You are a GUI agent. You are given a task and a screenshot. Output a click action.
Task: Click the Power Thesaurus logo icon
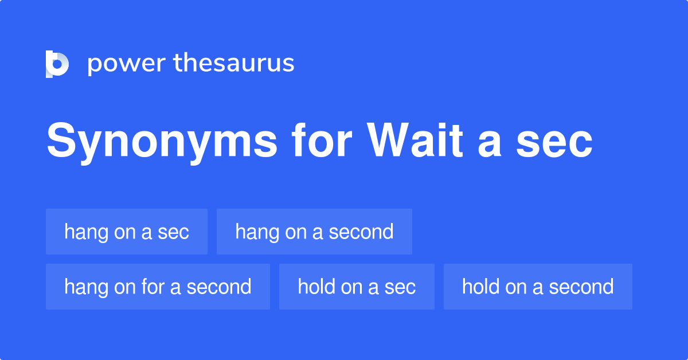pyautogui.click(x=57, y=64)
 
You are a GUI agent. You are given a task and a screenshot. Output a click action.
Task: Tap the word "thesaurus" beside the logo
pyautogui.click(x=234, y=63)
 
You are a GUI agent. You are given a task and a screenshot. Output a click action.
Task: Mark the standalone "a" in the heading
pyautogui.click(x=489, y=142)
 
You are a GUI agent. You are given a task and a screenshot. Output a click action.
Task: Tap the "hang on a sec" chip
pyautogui.click(x=127, y=232)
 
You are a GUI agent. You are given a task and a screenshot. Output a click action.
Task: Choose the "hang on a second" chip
pyautogui.click(x=314, y=232)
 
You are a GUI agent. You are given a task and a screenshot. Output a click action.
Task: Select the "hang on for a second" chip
pyautogui.click(x=158, y=287)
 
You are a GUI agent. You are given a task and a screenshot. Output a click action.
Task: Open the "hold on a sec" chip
pyautogui.click(x=357, y=287)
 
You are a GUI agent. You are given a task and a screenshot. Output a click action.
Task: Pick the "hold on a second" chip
pyautogui.click(x=538, y=287)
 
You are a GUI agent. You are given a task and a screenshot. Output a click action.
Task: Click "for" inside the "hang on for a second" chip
pyautogui.click(x=153, y=287)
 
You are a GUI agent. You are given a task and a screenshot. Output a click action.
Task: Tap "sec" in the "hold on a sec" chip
pyautogui.click(x=400, y=287)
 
